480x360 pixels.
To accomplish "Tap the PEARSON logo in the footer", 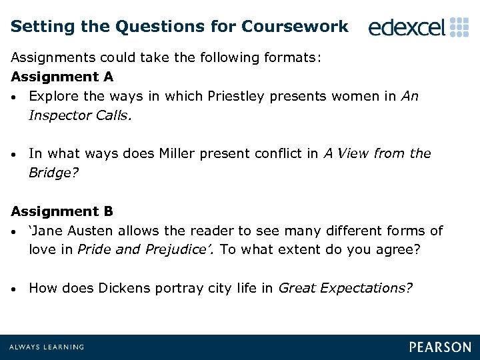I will pyautogui.click(x=440, y=347).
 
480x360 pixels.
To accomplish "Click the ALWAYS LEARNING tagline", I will pyautogui.click(x=47, y=347).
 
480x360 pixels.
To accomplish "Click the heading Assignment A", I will pyautogui.click(x=62, y=77).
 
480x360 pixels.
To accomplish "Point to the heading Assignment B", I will pyautogui.click(x=62, y=211).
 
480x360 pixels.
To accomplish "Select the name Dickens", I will pyautogui.click(x=121, y=288).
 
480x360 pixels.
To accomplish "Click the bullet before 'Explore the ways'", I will pyautogui.click(x=15, y=97).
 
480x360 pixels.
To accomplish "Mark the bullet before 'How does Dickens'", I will pyautogui.click(x=15, y=289).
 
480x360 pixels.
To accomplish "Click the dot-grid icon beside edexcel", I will pyautogui.click(x=460, y=27).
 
